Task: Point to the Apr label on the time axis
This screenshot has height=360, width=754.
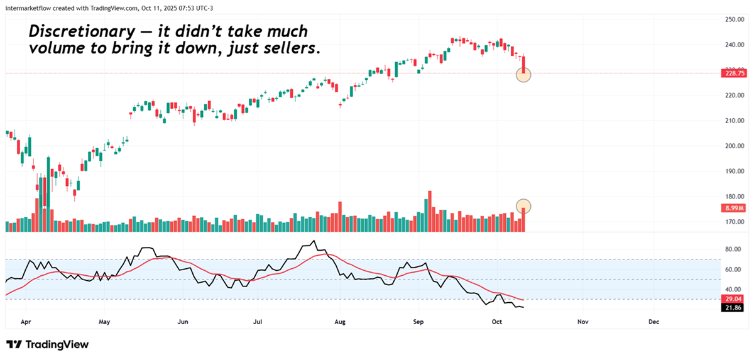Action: (x=26, y=322)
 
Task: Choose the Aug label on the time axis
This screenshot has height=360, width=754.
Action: (x=340, y=322)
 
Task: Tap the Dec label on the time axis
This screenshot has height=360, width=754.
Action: (x=653, y=322)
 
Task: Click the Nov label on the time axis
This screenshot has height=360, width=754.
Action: (x=582, y=322)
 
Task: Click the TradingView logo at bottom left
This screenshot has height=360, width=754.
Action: (x=47, y=345)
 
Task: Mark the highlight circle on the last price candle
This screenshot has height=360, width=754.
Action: (x=523, y=74)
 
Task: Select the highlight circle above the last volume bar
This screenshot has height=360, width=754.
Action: (x=523, y=205)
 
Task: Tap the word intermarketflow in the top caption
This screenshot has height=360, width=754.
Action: (x=29, y=6)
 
